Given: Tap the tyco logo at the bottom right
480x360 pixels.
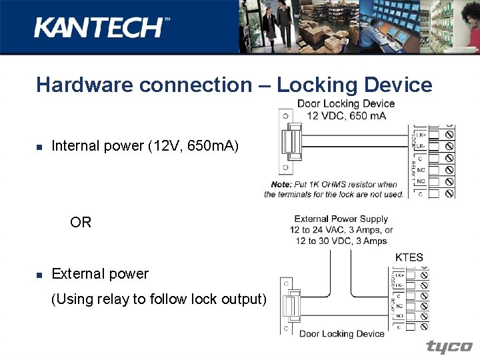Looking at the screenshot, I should pos(449,347).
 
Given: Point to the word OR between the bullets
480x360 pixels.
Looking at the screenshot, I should pos(81,222).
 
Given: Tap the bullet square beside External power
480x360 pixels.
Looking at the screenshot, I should pos(39,275).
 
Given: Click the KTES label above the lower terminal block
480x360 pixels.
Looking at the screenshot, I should pos(409,257).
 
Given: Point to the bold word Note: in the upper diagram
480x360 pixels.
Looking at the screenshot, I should pos(281,185).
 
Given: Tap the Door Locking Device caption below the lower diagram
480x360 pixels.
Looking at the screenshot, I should pos(342,333).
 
